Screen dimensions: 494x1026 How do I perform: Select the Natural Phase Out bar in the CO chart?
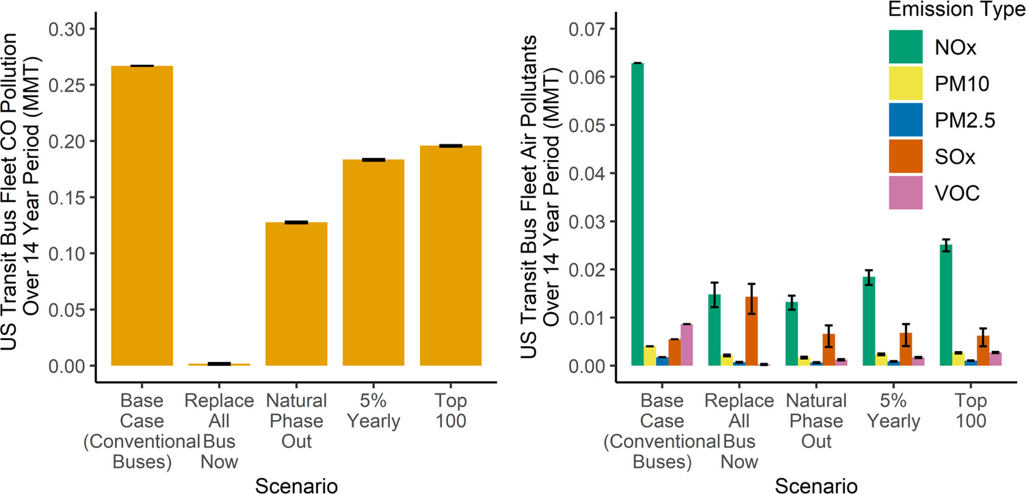point(297,294)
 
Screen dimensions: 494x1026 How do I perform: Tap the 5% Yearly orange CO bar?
point(373,263)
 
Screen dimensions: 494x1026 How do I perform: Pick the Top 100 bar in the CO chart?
point(451,256)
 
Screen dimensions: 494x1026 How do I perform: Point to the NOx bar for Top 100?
point(946,305)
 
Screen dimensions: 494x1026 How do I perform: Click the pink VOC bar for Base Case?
point(687,345)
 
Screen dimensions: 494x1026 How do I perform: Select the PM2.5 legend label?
point(964,120)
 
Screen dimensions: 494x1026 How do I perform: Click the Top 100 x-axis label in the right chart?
point(962,411)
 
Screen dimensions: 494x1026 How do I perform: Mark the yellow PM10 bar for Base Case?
point(650,356)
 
